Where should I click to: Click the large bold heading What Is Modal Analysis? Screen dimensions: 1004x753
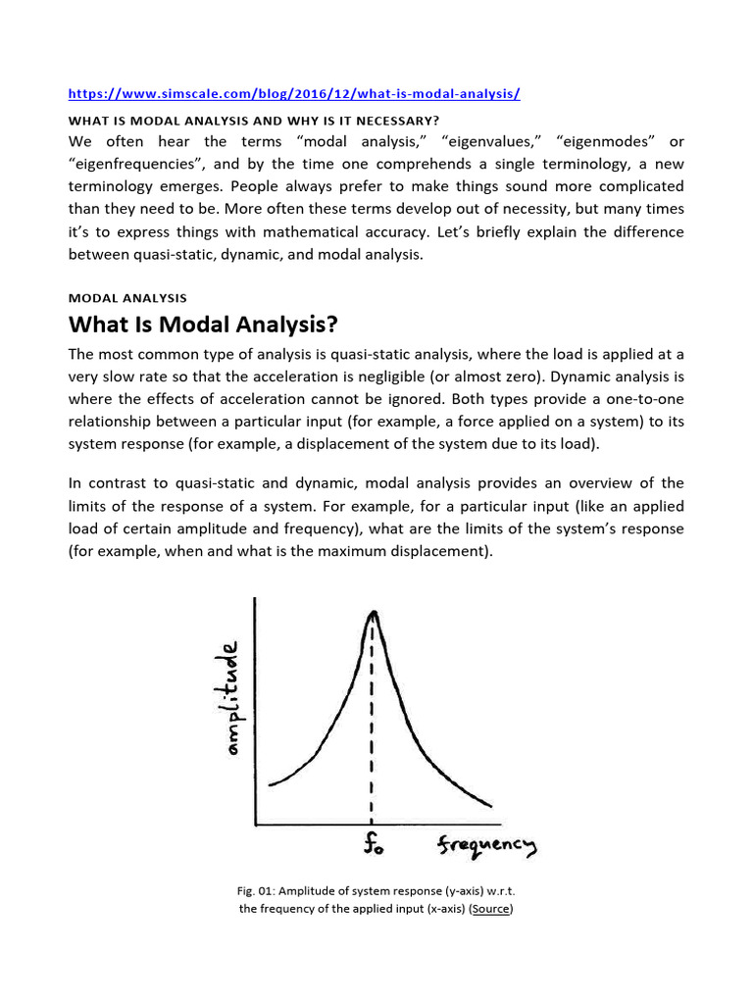[207, 325]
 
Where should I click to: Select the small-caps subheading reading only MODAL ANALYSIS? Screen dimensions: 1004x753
[127, 297]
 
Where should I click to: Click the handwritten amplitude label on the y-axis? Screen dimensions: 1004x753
[232, 697]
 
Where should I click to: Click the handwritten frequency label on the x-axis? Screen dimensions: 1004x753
[487, 844]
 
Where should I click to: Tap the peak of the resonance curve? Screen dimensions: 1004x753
[372, 613]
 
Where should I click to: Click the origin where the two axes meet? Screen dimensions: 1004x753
[256, 824]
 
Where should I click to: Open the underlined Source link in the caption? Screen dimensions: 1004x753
[491, 909]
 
